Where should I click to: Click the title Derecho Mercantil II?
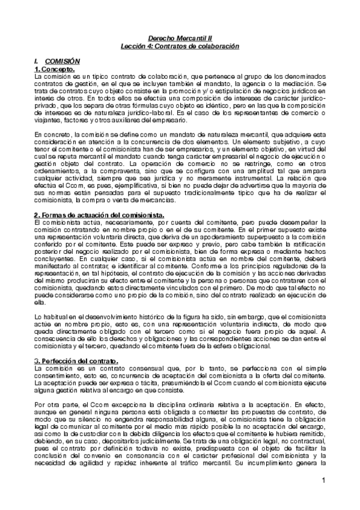click(x=180, y=37)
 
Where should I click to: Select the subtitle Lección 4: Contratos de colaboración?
click(x=180, y=46)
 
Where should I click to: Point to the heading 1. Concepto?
click(x=55, y=69)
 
